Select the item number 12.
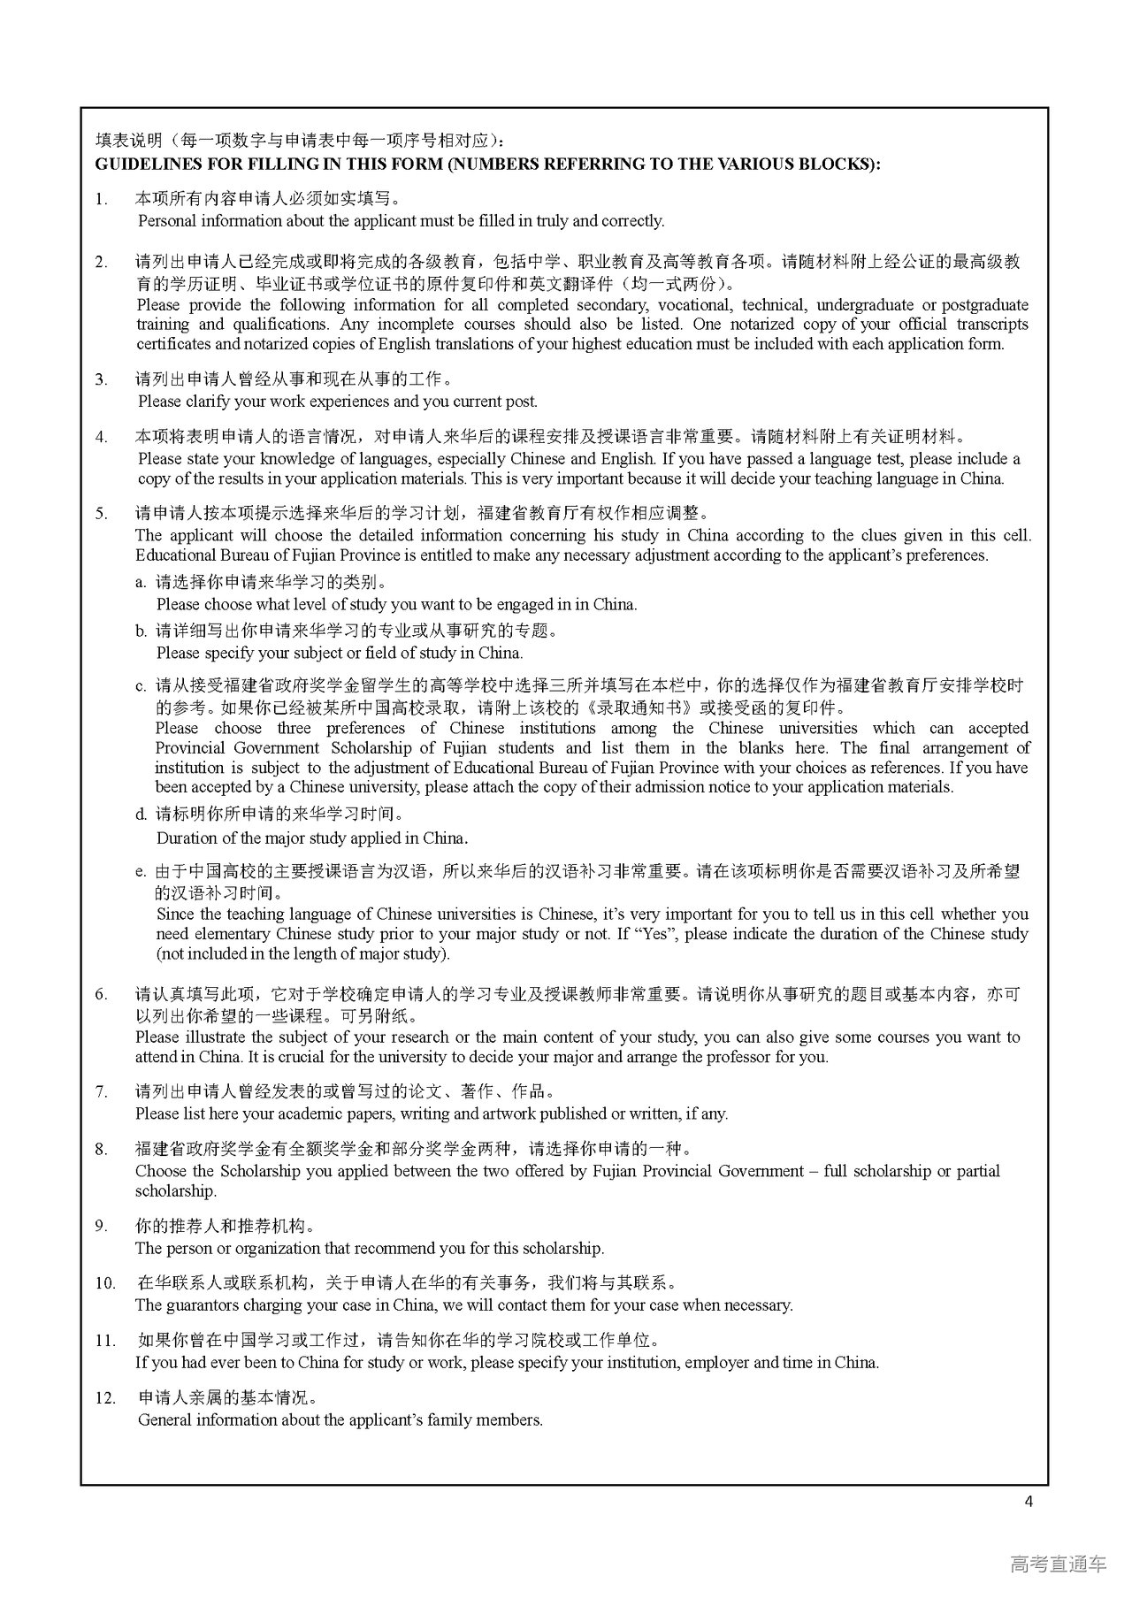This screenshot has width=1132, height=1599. [x=105, y=1398]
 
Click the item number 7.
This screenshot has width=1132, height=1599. [x=101, y=1092]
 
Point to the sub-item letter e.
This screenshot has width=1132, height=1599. [x=140, y=872]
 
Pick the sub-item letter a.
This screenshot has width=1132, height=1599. [x=140, y=583]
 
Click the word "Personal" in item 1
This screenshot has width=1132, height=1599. [x=167, y=221]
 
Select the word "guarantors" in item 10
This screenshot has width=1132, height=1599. [x=203, y=1305]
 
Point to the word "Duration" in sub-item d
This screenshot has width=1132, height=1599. [x=186, y=838]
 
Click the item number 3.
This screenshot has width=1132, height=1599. [x=101, y=379]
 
